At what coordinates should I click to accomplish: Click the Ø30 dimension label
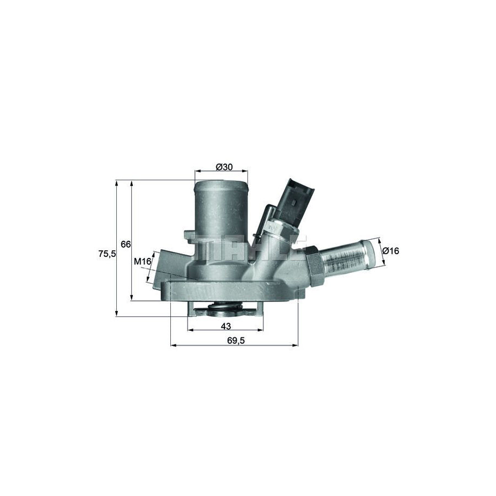[224, 167]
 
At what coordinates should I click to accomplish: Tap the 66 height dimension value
[125, 244]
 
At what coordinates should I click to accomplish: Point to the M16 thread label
[143, 261]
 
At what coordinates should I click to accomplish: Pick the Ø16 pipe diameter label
[391, 251]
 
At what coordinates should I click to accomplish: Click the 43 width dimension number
[225, 326]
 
